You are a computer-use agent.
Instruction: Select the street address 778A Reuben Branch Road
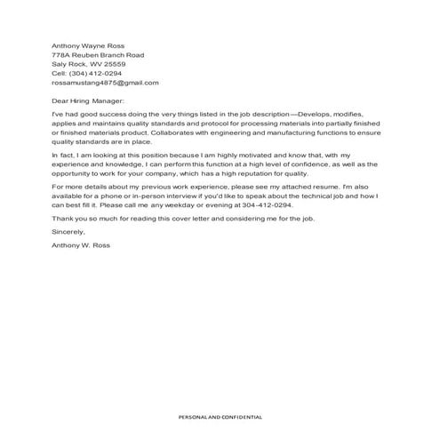pos(98,55)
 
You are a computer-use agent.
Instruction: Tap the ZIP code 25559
pos(114,64)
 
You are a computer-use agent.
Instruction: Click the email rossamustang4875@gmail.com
pos(105,83)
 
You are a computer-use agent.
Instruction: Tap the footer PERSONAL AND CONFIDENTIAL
pos(219,416)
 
